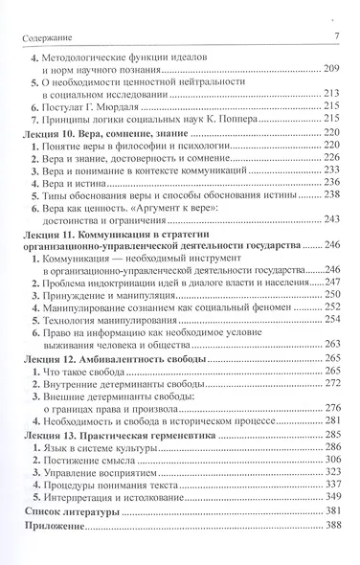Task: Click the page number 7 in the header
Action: [338, 36]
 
